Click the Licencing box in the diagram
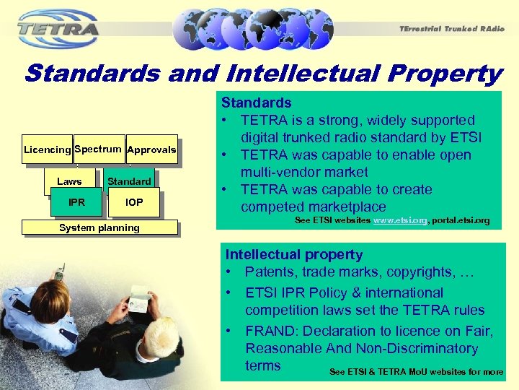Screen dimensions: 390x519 pyautogui.click(x=47, y=149)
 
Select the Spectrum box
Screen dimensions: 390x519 pyautogui.click(x=97, y=149)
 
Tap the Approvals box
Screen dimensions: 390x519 pyautogui.click(x=151, y=149)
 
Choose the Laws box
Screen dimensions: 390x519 pyautogui.click(x=69, y=181)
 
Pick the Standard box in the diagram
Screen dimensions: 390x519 pyautogui.click(x=129, y=181)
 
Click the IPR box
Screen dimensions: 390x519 pyautogui.click(x=76, y=202)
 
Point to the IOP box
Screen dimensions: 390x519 pyautogui.click(x=134, y=202)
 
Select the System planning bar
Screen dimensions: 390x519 pyautogui.click(x=99, y=227)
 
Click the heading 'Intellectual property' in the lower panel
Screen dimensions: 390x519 pyautogui.click(x=294, y=254)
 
